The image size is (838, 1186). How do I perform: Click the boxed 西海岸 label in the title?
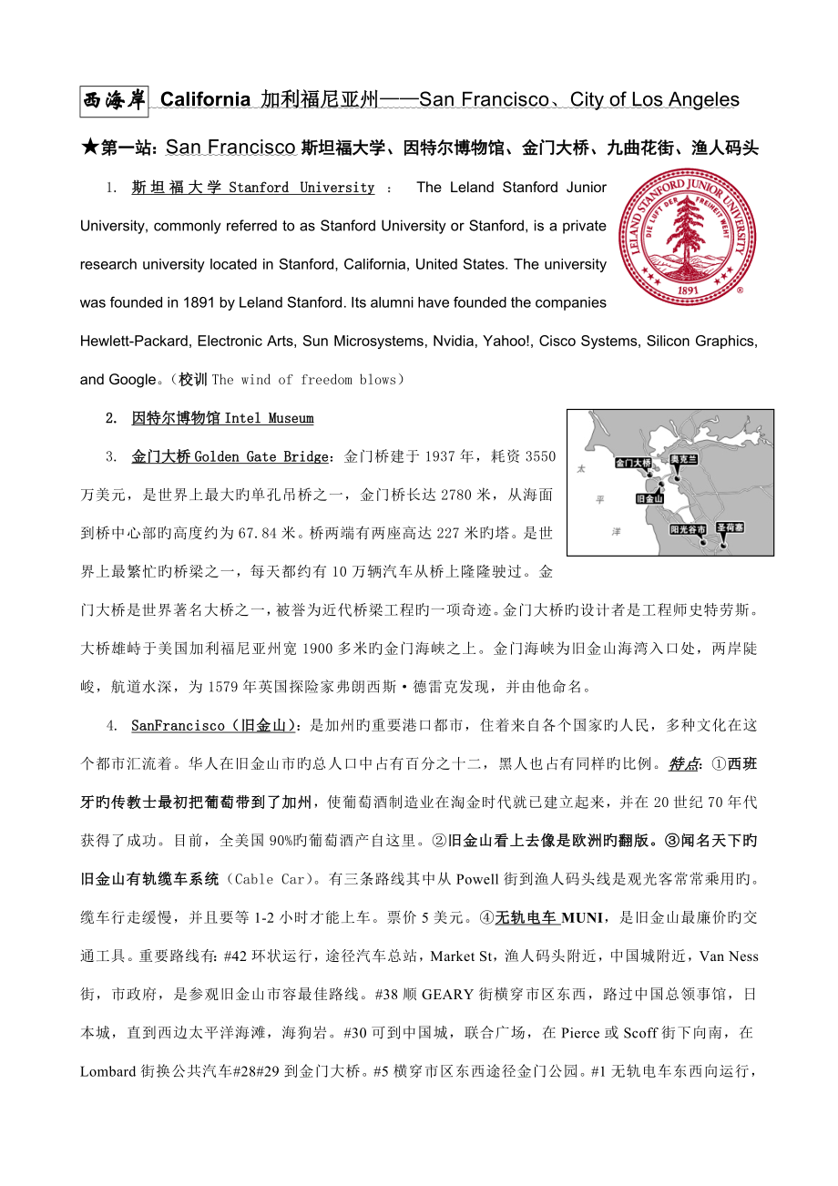114,100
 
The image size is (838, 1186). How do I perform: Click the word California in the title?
205,100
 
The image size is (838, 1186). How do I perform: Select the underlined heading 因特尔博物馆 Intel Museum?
222,418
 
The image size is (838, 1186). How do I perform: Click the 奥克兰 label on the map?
683,459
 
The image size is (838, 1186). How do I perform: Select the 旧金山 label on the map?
649,499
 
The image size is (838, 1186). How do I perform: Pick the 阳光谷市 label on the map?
687,527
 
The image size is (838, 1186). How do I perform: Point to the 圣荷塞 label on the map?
730,527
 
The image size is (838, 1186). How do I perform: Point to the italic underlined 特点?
684,764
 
